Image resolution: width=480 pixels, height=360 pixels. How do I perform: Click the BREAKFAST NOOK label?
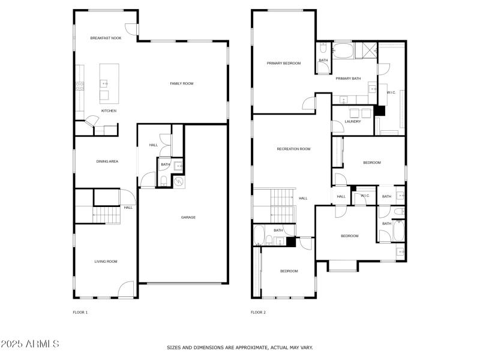tap(106, 38)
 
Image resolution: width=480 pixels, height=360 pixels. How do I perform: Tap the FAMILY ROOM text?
tap(181, 83)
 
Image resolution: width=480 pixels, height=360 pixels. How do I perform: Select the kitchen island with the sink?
tap(109, 83)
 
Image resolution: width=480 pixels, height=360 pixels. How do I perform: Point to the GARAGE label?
tap(188, 217)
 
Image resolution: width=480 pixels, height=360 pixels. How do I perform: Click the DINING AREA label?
tap(107, 161)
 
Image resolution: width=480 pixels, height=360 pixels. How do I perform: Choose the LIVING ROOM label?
tap(106, 261)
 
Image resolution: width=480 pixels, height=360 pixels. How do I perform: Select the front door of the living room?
tap(126, 289)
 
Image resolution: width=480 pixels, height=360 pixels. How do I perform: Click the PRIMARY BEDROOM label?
tap(284, 63)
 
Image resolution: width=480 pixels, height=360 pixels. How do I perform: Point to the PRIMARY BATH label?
tap(348, 79)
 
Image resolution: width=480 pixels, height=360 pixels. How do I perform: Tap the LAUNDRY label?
tap(353, 122)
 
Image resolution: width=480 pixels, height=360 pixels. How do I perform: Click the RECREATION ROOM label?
tap(293, 149)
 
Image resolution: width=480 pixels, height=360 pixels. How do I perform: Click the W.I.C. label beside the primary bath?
tap(391, 92)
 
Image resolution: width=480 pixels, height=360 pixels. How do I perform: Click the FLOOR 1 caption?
tap(80, 313)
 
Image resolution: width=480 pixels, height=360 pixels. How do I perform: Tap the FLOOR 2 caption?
tap(258, 313)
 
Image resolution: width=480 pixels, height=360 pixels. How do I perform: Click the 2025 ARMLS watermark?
tap(30, 344)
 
